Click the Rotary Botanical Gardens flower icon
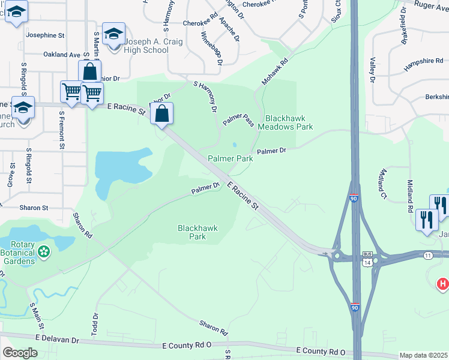[43, 253]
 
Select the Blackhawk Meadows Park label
[285, 123]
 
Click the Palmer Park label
[230, 158]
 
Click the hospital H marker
[443, 283]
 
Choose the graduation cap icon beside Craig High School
[113, 34]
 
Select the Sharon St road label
[34, 208]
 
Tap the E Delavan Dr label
[58, 340]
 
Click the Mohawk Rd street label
[276, 71]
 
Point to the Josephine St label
[45, 35]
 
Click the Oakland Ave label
[62, 55]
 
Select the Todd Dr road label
[95, 324]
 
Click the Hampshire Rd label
[424, 65]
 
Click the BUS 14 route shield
[367, 259]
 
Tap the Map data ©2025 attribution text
[424, 355]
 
